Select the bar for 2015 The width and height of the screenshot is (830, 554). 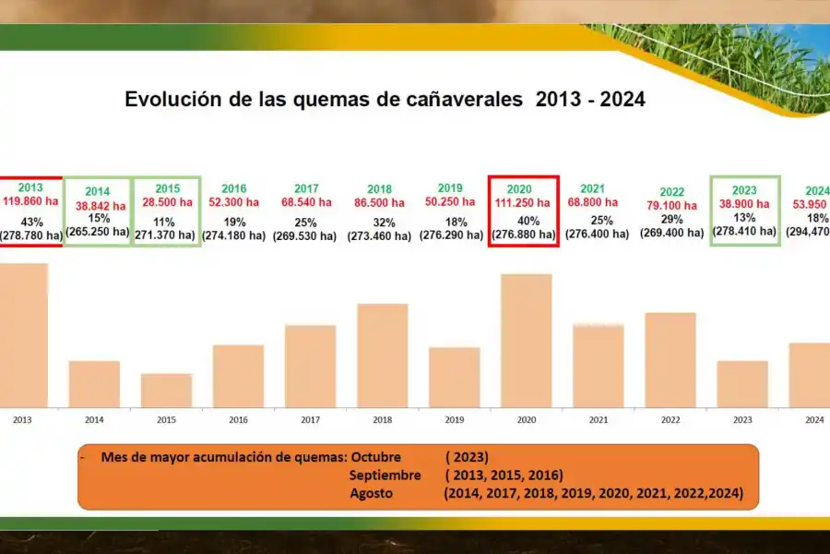pyautogui.click(x=166, y=390)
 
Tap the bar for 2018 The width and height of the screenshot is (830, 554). pyautogui.click(x=382, y=355)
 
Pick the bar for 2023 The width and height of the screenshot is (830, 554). pyautogui.click(x=742, y=383)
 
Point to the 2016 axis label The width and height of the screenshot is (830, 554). pyautogui.click(x=238, y=420)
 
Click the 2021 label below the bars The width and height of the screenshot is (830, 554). pyautogui.click(x=598, y=420)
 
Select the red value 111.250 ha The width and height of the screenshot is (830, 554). pyautogui.click(x=523, y=203)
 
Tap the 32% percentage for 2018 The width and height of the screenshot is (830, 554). pyautogui.click(x=384, y=223)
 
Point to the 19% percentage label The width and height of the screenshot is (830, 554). pyautogui.click(x=233, y=223)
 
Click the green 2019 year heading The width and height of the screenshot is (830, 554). pyautogui.click(x=451, y=188)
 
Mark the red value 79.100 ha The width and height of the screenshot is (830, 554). pyautogui.click(x=670, y=206)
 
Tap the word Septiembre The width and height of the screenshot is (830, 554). pyautogui.click(x=385, y=476)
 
